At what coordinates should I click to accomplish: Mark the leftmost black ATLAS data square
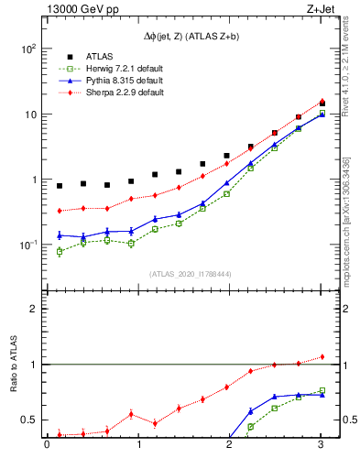click(60, 186)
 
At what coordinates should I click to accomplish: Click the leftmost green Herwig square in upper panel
click(60, 251)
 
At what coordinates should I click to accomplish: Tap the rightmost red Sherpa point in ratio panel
click(321, 356)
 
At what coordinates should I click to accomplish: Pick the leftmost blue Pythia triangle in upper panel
click(60, 234)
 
